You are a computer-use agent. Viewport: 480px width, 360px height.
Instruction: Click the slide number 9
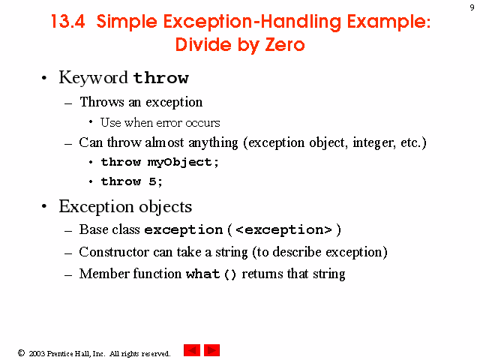472,7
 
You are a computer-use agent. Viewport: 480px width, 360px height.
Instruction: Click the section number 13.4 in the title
67,22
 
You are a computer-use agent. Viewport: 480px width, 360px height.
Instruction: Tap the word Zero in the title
285,45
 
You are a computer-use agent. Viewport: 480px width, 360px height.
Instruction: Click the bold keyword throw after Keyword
161,78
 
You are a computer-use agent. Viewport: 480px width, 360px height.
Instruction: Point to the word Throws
102,102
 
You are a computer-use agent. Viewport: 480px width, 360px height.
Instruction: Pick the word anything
213,143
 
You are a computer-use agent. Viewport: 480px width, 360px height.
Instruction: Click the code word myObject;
183,162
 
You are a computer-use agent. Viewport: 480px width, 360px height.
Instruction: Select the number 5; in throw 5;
155,181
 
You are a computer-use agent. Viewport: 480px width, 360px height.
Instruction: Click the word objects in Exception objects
165,207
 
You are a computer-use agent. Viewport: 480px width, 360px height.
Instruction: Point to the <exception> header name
283,230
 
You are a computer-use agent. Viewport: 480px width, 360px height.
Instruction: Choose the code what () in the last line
211,274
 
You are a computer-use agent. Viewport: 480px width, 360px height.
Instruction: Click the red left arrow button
192,350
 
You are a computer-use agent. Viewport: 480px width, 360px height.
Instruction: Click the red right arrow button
211,350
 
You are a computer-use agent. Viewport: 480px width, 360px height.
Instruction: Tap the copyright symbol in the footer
21,353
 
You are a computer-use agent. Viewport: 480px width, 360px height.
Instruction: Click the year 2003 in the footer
37,353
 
